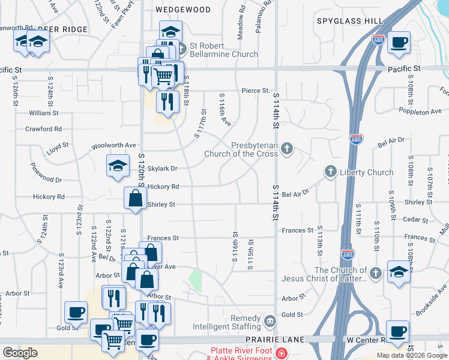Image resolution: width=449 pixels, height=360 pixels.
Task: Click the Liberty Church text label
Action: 366,172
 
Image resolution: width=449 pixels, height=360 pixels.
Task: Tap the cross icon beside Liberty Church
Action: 330,172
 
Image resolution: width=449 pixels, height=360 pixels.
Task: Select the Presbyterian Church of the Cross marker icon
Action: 288,148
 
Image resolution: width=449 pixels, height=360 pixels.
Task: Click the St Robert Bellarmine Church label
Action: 224,50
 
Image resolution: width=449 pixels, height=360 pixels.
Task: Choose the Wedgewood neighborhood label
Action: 183,10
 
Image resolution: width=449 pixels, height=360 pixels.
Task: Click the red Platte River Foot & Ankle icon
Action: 280,355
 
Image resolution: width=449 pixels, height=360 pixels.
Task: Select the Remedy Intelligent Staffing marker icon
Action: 270,320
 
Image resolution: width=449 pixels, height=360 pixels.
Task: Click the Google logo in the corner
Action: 20,353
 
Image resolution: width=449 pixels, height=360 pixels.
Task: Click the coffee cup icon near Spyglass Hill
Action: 399,42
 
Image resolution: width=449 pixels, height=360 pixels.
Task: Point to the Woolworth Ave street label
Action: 113,146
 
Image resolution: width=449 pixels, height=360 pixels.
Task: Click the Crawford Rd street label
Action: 43,128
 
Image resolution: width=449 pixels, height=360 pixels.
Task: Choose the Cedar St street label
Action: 415,219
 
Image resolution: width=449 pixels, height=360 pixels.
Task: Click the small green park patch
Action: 195,280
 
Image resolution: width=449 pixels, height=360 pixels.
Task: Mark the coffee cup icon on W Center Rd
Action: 397,331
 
